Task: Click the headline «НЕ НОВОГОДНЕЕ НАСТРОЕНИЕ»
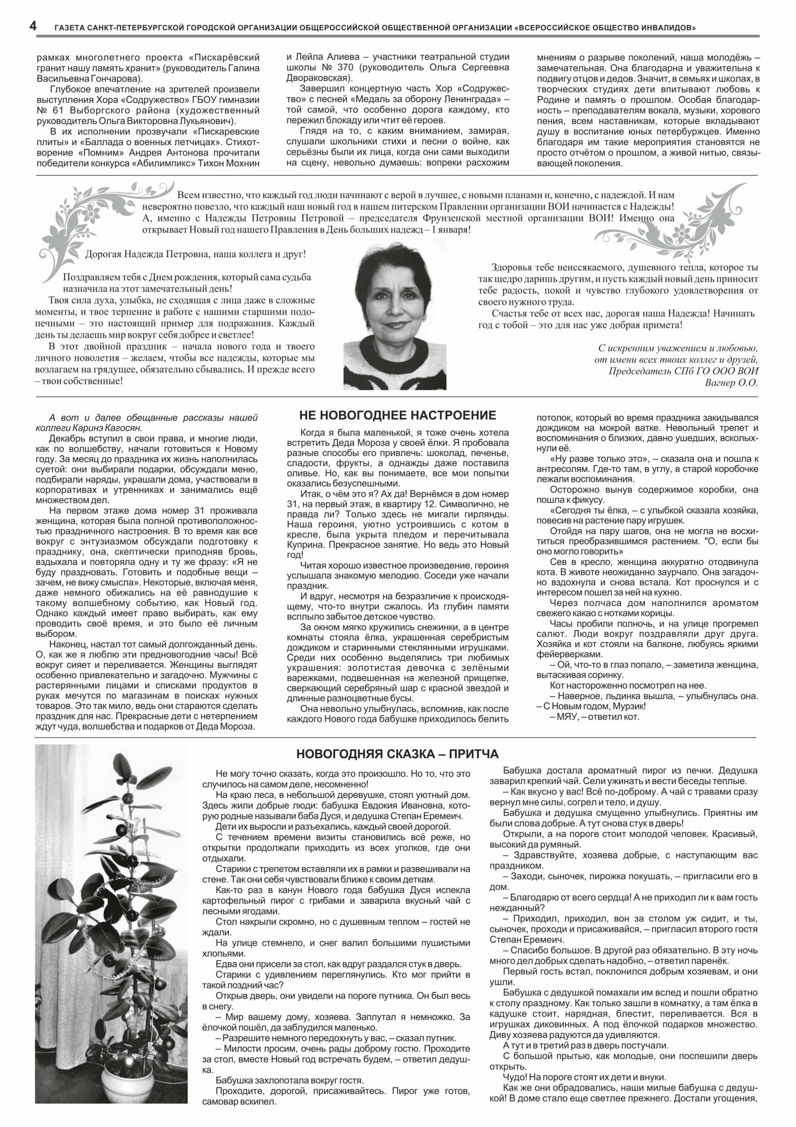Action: (397, 416)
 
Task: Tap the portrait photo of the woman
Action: (395, 314)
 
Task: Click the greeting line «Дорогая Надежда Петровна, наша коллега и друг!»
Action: (195, 254)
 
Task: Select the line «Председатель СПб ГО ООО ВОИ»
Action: (683, 371)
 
